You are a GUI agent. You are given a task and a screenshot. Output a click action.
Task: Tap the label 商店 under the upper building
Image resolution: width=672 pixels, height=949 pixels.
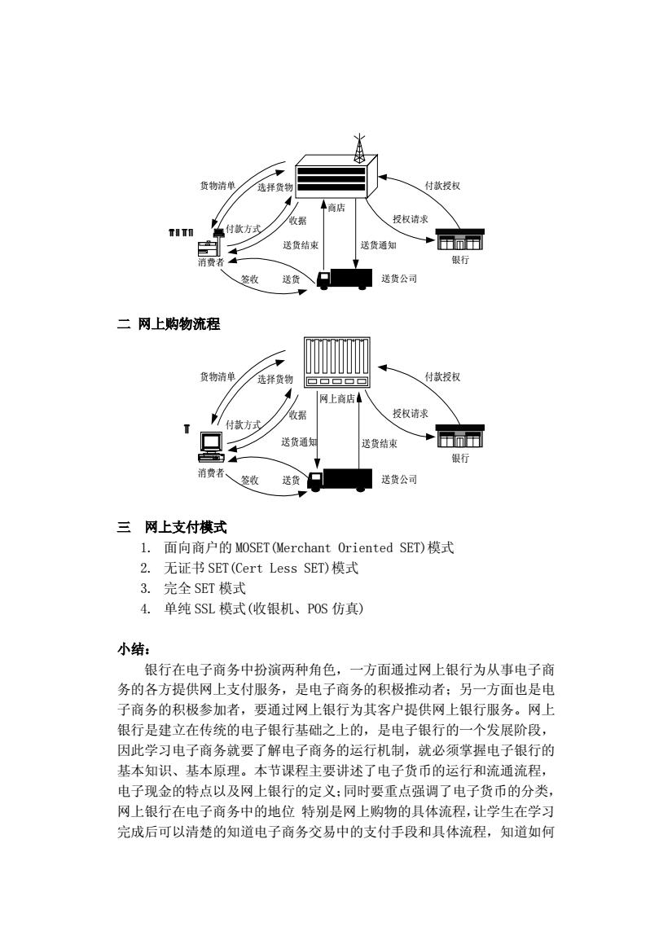(x=336, y=209)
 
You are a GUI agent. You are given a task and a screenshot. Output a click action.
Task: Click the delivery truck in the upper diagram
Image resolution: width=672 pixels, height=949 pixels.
(x=344, y=279)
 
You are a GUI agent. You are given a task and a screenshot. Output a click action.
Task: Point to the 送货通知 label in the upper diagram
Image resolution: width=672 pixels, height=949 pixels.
(x=379, y=245)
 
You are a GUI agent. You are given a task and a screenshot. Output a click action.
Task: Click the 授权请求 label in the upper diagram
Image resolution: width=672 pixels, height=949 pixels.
(x=410, y=219)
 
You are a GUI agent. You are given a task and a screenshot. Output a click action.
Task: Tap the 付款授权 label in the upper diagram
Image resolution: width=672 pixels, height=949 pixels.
(x=442, y=186)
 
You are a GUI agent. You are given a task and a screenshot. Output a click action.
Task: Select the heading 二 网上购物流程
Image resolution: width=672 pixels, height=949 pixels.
(x=169, y=324)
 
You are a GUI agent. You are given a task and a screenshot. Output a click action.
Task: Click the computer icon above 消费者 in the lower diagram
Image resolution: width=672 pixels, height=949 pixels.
(x=209, y=448)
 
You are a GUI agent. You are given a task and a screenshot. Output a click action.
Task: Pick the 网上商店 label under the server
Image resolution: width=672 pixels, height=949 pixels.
(x=337, y=398)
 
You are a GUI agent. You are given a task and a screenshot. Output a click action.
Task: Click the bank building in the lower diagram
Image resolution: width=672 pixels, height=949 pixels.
(x=461, y=436)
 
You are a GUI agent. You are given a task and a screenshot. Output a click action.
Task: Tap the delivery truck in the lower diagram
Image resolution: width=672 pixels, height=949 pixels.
(x=340, y=479)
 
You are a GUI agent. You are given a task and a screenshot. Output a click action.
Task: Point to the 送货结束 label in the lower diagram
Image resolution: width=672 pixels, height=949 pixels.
(x=380, y=444)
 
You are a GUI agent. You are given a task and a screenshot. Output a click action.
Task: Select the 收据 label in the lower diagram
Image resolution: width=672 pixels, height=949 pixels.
(x=297, y=415)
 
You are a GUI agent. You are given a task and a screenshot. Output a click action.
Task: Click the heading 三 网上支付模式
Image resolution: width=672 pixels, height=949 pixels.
(x=172, y=527)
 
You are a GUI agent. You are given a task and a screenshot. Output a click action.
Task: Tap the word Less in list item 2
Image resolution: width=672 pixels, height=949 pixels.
(x=283, y=569)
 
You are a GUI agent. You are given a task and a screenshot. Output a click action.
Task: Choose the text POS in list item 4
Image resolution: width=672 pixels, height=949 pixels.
(x=317, y=609)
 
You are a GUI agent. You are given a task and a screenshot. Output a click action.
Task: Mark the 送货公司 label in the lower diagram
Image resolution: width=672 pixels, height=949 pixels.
(x=399, y=479)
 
